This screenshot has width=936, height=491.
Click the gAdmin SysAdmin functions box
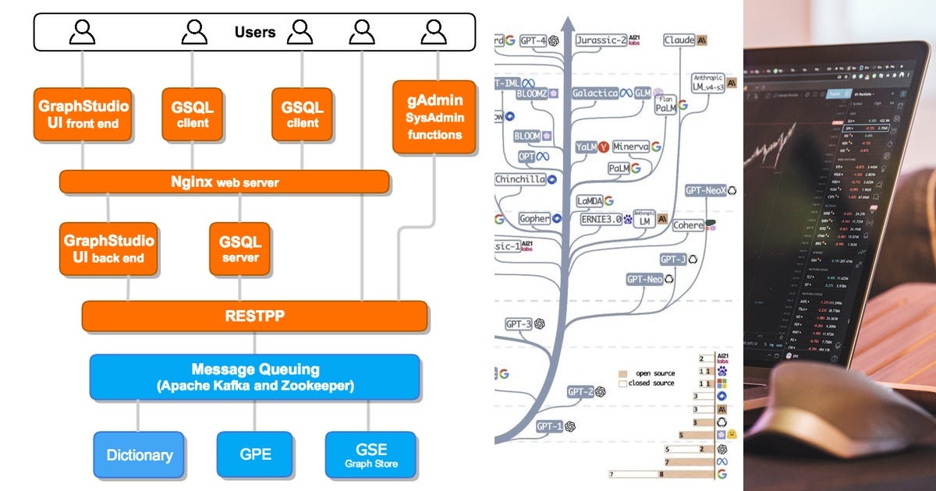tap(434, 117)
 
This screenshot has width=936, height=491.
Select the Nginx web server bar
tap(225, 182)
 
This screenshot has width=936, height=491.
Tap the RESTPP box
tap(255, 317)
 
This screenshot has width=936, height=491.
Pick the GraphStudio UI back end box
tap(108, 249)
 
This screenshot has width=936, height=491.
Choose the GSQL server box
tap(240, 249)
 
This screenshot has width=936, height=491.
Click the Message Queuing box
tap(255, 376)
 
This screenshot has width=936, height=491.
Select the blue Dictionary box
tap(139, 454)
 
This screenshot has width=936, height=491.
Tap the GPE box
tap(255, 454)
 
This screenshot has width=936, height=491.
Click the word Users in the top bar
tap(255, 32)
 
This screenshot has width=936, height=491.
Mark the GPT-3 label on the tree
tap(518, 323)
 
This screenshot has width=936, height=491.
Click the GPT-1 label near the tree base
tap(549, 426)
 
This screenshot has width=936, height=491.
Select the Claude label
tap(679, 40)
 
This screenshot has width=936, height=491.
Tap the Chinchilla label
tap(519, 179)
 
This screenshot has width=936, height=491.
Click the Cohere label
tap(687, 225)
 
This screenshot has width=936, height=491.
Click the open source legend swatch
tap(623, 373)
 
